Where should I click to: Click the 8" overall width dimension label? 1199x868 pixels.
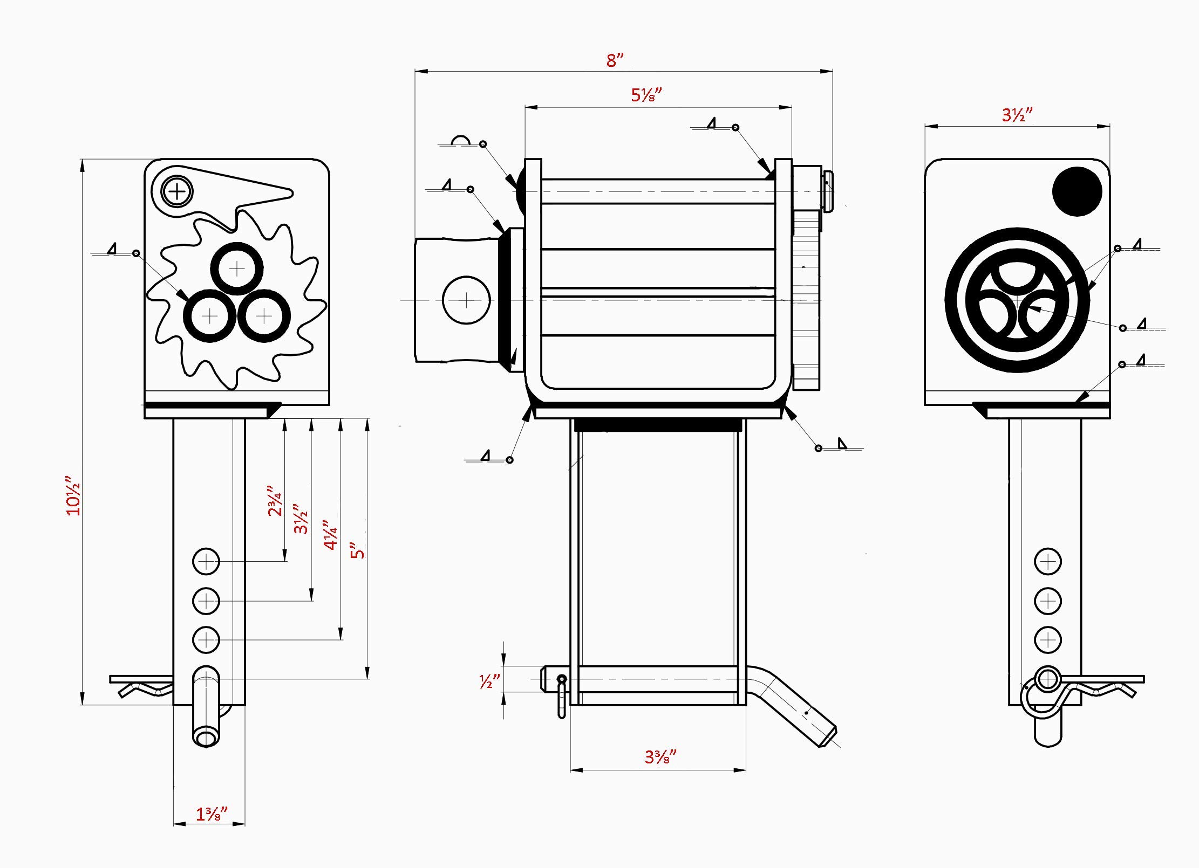pos(614,60)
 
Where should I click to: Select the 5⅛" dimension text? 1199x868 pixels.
pos(646,95)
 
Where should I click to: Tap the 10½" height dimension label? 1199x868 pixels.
pos(73,495)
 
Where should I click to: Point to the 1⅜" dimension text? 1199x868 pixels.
pos(211,814)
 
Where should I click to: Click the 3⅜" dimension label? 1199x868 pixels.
pos(660,757)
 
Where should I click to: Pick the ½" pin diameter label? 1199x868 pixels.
pos(489,681)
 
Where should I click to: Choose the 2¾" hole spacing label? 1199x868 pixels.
pos(275,501)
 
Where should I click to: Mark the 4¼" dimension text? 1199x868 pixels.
pos(330,535)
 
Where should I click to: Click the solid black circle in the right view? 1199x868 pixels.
pos(1077,191)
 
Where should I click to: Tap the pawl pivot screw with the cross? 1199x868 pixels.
pos(177,191)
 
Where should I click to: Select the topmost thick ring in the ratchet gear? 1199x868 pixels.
pos(237,269)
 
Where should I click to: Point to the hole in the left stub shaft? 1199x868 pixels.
pos(466,300)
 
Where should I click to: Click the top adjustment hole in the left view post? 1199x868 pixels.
pos(206,562)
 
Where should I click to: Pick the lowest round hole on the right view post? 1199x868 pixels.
pos(1047,640)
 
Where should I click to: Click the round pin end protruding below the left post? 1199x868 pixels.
pos(206,736)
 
